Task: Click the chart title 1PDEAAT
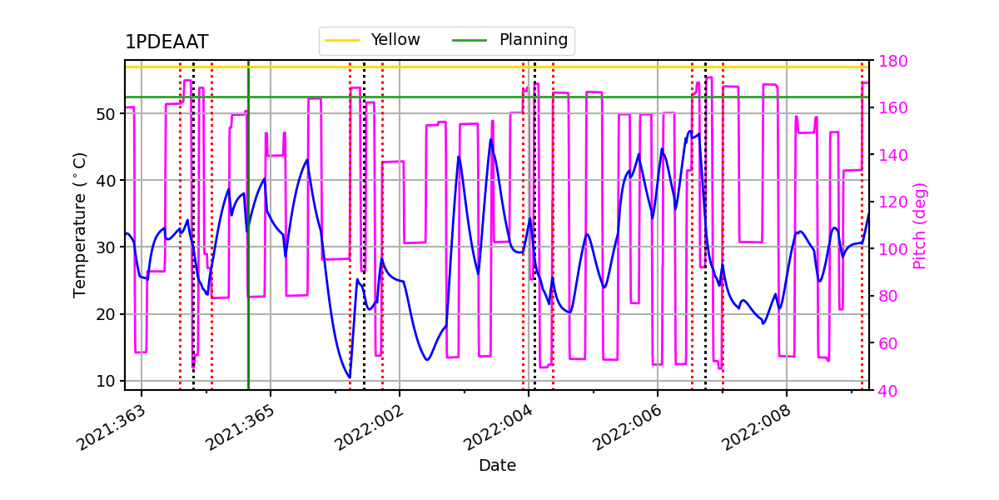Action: pos(166,42)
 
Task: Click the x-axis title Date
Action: pos(497,466)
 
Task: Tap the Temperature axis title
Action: pos(80,224)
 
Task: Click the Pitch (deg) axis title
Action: pos(919,225)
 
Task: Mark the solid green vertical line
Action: pos(248,250)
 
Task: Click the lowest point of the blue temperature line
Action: pos(350,377)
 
